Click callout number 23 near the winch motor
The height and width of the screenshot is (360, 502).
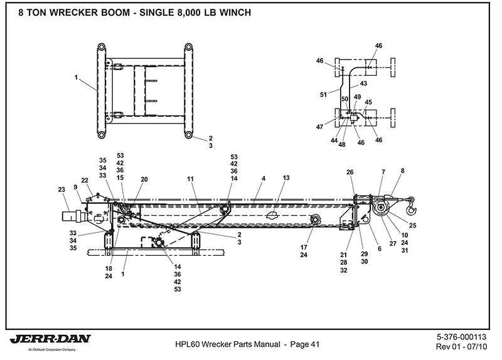(61, 189)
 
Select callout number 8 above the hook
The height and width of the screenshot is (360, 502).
(403, 170)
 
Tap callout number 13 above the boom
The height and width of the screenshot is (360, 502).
(286, 178)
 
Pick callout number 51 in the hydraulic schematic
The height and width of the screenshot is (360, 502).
(323, 95)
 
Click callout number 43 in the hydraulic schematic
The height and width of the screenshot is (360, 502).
(363, 83)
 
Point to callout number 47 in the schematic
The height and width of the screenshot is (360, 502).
(320, 127)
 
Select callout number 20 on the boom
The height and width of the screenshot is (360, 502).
(144, 179)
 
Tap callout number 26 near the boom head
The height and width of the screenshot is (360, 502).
(350, 172)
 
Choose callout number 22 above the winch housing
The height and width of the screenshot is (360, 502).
(85, 181)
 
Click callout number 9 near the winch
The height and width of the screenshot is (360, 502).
(75, 187)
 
